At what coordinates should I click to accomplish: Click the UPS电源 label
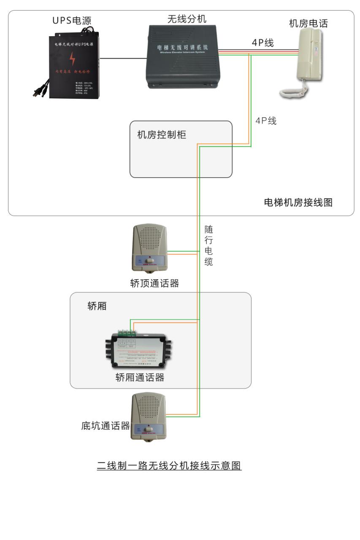[72, 21]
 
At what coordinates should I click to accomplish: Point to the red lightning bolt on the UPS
[73, 59]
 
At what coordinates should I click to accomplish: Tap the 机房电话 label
[308, 23]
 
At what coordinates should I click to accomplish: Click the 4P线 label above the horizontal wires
[263, 43]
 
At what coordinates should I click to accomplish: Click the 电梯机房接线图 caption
[298, 202]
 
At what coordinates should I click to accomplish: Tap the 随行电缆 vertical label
[208, 246]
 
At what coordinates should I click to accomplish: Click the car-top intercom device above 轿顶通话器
[150, 248]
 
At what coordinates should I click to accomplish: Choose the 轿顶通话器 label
[154, 283]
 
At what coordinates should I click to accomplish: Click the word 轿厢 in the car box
[97, 306]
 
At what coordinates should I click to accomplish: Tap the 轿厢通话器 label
[140, 377]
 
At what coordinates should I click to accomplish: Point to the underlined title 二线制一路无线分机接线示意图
[169, 466]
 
